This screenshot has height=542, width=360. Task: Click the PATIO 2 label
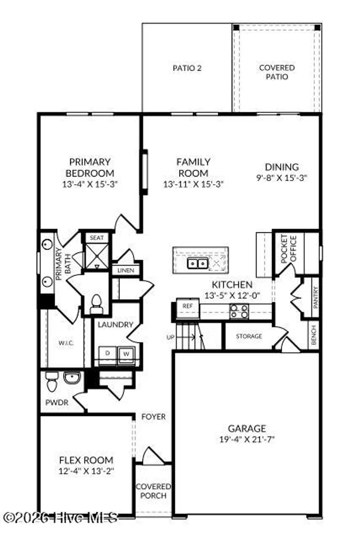(187, 68)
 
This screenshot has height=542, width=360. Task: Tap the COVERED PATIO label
(277, 72)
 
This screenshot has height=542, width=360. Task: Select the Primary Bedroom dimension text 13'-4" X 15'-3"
(90, 184)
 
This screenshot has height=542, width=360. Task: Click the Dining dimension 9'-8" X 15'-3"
(282, 178)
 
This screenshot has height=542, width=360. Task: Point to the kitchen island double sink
(197, 264)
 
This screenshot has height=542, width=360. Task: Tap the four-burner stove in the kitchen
(239, 311)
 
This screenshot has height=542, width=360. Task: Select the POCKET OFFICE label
(289, 249)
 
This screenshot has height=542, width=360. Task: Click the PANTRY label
(315, 297)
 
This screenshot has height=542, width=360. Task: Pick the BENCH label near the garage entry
(314, 335)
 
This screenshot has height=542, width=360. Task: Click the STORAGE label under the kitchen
(249, 336)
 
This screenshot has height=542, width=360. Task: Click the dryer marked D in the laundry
(107, 355)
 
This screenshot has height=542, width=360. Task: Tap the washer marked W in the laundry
(126, 355)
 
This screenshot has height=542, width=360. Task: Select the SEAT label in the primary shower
(96, 238)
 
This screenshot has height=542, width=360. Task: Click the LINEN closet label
(126, 270)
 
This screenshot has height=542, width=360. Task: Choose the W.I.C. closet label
(66, 343)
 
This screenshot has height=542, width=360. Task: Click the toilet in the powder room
(52, 381)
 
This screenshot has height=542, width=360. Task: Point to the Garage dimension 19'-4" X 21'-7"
(247, 439)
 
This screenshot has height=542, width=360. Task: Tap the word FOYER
(154, 417)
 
